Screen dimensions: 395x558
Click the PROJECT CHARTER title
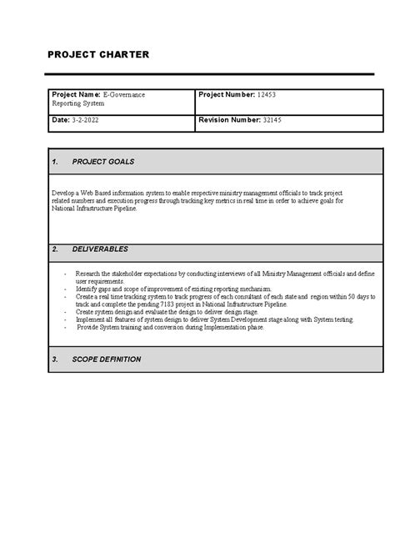(x=98, y=54)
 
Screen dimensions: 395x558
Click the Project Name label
(x=76, y=95)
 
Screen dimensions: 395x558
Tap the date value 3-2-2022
(x=87, y=121)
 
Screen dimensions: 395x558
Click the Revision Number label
(x=228, y=121)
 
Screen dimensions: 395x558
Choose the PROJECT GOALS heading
(x=103, y=161)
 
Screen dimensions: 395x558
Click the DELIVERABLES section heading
(x=100, y=249)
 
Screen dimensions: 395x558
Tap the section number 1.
(x=54, y=161)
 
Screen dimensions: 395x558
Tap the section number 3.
(x=54, y=359)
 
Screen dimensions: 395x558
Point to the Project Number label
(x=227, y=95)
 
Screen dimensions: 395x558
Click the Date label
(x=61, y=121)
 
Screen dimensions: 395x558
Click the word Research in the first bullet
(x=87, y=273)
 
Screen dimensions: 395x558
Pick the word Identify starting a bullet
(x=87, y=289)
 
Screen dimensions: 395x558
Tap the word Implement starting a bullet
(x=91, y=319)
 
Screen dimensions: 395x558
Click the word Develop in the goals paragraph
(x=63, y=193)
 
